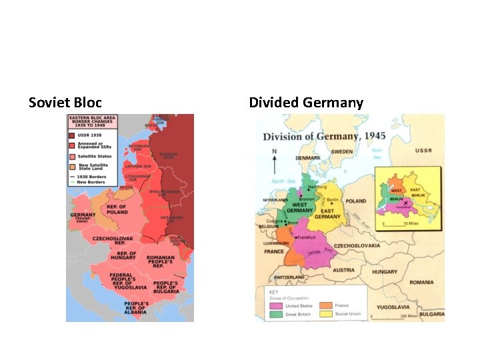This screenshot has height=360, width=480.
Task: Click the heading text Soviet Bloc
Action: [x=65, y=103]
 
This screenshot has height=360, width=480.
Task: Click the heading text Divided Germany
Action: [x=306, y=103]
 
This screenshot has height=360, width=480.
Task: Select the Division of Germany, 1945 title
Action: [x=324, y=136]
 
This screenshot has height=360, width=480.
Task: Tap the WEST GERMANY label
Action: [x=300, y=208]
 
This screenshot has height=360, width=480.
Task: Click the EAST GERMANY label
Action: [x=327, y=213]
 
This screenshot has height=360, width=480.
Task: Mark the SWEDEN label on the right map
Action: [x=343, y=152]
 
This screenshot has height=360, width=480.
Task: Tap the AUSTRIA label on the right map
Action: [x=344, y=270]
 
